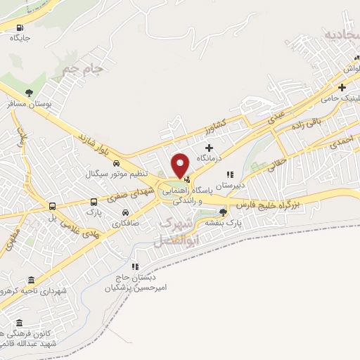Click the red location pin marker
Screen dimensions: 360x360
181,165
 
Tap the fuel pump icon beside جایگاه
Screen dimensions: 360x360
19,27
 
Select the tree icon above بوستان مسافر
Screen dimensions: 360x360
29,92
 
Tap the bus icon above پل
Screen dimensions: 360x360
53,206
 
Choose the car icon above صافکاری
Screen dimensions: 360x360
124,212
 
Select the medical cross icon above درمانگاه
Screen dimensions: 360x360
209,147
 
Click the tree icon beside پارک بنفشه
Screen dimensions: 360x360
223,212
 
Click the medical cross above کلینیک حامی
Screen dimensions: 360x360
342,88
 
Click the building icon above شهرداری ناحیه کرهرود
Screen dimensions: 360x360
30,280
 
